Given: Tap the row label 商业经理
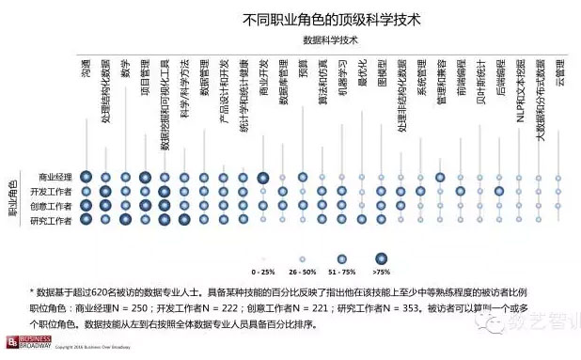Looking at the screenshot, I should pos(55,178).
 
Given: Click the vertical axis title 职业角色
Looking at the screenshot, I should pos(12,198).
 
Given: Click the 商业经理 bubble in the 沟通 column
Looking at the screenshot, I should pos(86,178).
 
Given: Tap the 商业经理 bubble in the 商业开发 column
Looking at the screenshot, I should pos(264,178).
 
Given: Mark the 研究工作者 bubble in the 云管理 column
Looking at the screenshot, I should pos(559,220).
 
